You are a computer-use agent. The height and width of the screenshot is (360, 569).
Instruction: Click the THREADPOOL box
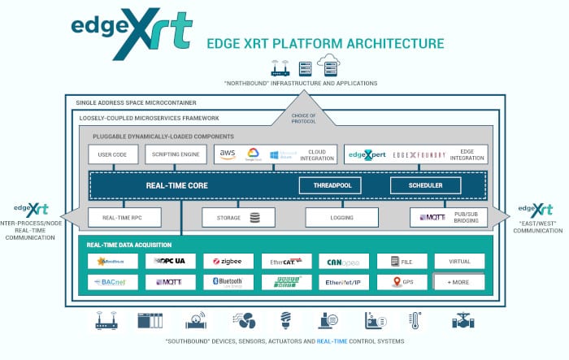330,185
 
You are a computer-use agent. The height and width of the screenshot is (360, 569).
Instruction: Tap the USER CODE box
113,154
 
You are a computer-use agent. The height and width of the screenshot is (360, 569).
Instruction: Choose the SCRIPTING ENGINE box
176,154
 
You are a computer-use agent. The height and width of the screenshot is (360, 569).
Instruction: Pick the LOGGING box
341,218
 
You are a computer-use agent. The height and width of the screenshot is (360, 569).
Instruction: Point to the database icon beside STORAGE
256,218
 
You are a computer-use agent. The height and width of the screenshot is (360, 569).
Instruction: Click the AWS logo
228,154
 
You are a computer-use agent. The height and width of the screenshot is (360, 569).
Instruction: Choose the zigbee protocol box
228,262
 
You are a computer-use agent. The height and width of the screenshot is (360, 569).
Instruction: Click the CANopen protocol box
344,262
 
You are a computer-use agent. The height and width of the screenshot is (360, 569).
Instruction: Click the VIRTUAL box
459,262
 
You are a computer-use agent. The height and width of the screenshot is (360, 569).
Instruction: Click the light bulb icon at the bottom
285,319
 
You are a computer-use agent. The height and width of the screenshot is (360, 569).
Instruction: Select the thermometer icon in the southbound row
415,319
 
